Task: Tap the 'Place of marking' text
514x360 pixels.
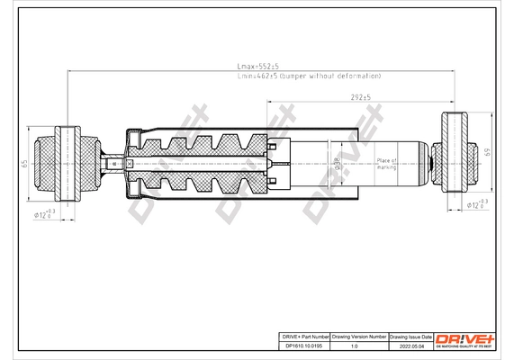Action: [387, 162]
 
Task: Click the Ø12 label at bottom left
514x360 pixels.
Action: [44, 214]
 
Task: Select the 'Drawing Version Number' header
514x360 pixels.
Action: [358, 335]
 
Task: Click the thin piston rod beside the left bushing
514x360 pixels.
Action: [110, 163]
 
